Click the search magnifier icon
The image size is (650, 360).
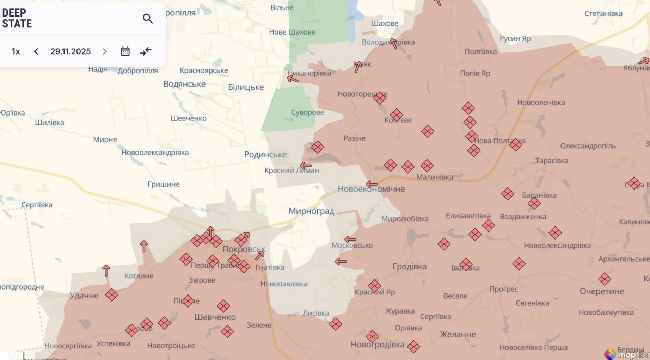point(148,19)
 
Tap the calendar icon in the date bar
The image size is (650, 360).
point(125,51)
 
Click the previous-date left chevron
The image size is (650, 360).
point(36,51)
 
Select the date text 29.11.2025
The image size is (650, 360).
point(70,51)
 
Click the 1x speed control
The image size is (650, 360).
point(16,51)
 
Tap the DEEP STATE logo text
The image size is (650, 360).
point(17,18)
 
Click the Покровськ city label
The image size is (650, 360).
point(244,249)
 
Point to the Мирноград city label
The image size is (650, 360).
point(311,211)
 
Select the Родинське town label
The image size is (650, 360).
point(265,155)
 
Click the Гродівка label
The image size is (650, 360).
point(410,267)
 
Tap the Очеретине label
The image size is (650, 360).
point(602,291)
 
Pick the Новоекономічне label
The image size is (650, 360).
point(371,189)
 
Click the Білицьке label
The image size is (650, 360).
point(246,87)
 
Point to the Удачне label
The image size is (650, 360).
point(84,296)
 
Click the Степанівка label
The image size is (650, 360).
point(603,13)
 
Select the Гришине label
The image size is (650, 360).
point(164,184)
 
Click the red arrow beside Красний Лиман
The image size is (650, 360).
point(306,166)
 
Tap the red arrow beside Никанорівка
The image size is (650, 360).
point(293,79)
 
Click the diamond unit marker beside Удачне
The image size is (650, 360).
point(112,295)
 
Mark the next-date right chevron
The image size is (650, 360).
point(105,51)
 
